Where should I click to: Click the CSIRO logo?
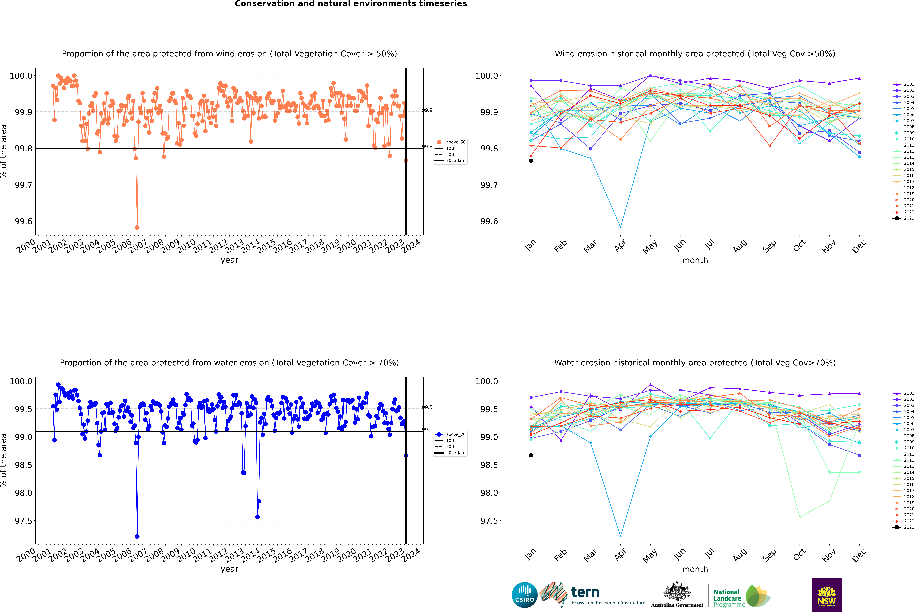[524, 595]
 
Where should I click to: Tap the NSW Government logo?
[827, 595]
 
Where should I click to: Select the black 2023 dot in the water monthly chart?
[531, 455]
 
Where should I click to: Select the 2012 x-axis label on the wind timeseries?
[218, 246]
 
